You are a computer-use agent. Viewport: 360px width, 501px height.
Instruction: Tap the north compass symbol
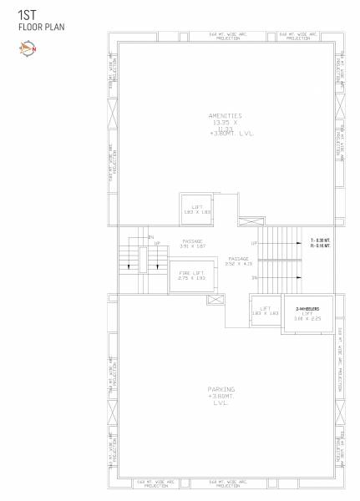24,48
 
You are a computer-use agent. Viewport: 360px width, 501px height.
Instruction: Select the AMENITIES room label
225,115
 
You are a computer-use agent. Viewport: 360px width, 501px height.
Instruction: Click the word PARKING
221,389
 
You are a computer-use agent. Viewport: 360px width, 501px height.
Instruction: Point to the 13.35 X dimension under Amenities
224,122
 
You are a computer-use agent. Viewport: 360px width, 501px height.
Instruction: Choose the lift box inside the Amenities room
198,210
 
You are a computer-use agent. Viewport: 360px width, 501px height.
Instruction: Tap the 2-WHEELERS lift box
308,314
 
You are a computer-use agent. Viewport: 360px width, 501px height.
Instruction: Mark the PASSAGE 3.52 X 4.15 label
245,261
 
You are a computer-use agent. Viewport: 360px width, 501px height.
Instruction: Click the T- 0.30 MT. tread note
321,240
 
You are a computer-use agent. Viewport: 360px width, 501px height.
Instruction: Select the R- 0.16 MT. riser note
321,246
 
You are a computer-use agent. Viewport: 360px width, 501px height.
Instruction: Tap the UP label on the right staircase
254,243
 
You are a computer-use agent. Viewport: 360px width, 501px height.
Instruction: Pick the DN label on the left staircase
151,238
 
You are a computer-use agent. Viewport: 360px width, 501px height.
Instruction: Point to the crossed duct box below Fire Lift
214,299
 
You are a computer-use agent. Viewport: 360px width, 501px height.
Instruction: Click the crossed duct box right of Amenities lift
250,222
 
